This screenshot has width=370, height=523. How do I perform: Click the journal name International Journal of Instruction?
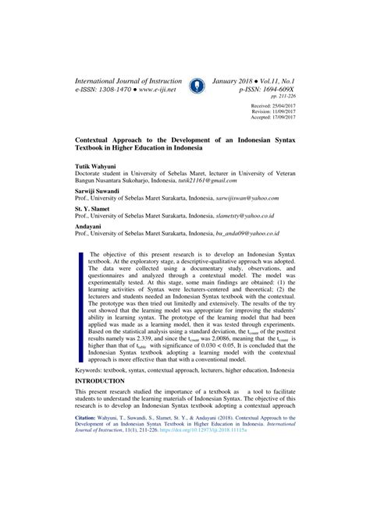point(126,80)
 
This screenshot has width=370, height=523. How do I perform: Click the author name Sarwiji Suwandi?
point(97,190)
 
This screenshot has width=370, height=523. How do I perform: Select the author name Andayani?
point(87,226)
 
